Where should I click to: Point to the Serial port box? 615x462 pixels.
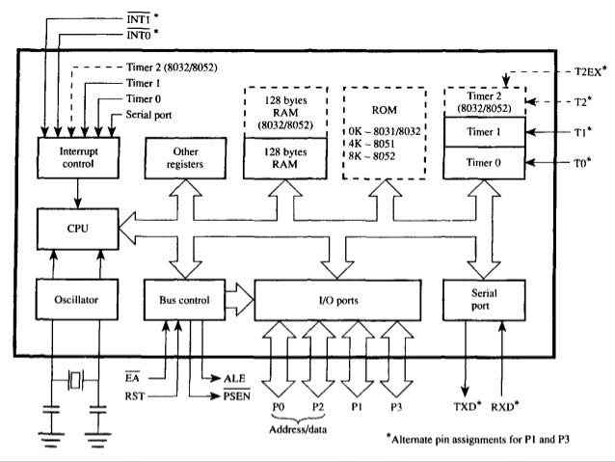483,299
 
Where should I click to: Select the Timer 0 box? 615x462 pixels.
483,164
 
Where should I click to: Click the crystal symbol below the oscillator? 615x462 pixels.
73,378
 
